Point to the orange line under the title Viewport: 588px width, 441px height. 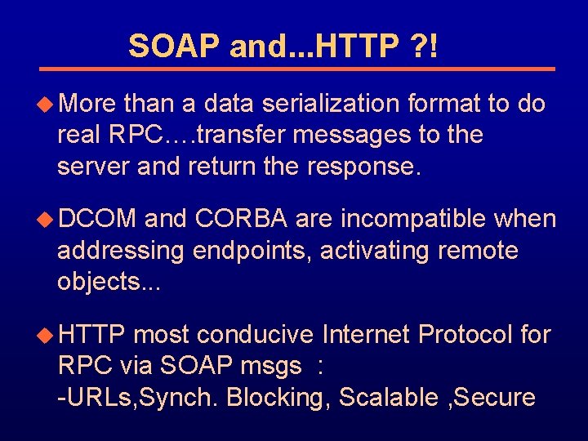click(x=298, y=69)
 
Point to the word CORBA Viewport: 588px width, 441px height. click(x=242, y=219)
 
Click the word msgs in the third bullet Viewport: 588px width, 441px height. click(x=272, y=366)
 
